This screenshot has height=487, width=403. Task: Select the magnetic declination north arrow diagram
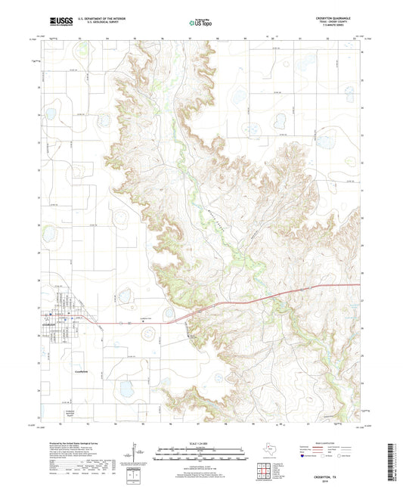pyautogui.click(x=136, y=454)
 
